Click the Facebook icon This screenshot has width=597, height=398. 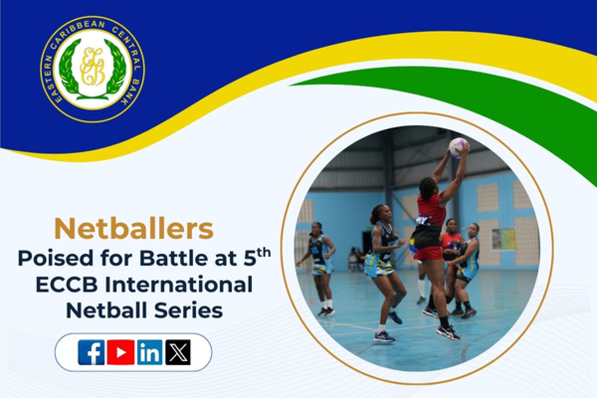coord(91,352)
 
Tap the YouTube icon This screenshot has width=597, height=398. coord(120,352)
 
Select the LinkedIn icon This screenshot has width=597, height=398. coord(149,352)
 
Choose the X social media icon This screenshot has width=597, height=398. coord(178,352)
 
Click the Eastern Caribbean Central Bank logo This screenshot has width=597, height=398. coord(92,70)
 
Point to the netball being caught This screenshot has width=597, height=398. coord(458,147)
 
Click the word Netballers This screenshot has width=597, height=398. coord(134,229)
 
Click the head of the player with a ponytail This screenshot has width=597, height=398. coord(378,214)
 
